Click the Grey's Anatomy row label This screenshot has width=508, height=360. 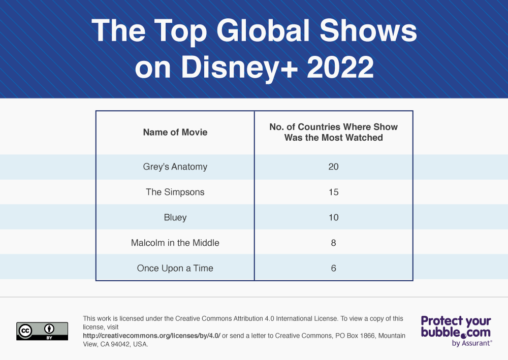click(x=175, y=167)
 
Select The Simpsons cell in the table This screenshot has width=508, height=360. click(x=175, y=192)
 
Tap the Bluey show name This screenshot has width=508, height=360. click(x=175, y=217)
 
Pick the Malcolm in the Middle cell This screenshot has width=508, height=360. click(x=175, y=243)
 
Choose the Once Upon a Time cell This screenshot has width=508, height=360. click(x=175, y=268)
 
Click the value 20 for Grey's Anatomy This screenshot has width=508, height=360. click(x=333, y=167)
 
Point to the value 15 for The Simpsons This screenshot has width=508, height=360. click(x=333, y=192)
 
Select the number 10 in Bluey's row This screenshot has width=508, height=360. click(x=333, y=217)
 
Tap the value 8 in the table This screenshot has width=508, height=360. click(x=333, y=243)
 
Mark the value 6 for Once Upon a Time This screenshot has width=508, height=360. click(x=333, y=268)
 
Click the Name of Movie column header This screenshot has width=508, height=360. click(x=175, y=132)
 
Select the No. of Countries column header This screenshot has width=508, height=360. click(x=333, y=132)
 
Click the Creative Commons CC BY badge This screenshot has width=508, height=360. click(x=42, y=331)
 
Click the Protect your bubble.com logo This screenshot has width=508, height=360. click(x=456, y=327)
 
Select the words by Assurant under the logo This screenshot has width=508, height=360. click(x=471, y=343)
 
